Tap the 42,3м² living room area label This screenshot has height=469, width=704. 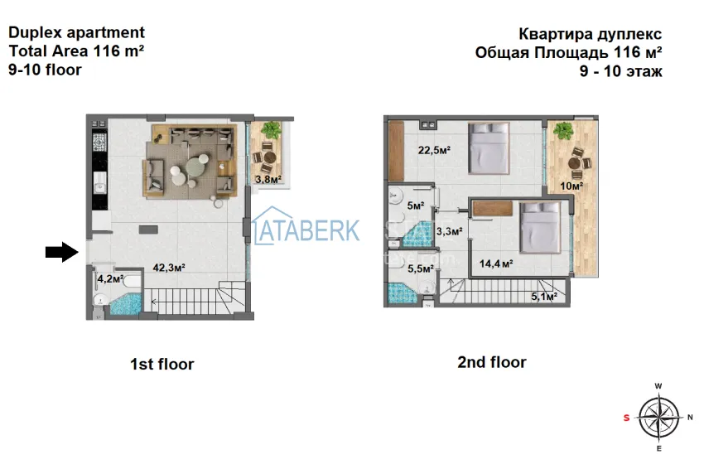pos(168,268)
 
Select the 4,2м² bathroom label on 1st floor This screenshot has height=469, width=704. pos(110,279)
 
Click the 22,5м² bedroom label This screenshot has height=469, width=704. pos(434,150)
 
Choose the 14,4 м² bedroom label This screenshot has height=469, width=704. pos(496,264)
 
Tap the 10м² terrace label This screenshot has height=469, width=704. pos(571,186)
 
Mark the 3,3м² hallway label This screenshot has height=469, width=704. pos(448,232)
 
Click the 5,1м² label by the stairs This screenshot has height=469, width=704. pos(542,295)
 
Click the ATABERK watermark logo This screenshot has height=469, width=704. pos(306,230)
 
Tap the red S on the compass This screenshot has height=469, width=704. pos(626,418)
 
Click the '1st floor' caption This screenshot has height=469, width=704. pos(162,364)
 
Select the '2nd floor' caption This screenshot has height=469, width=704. pos(491,362)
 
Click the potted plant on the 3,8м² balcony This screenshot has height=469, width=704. pos(269,130)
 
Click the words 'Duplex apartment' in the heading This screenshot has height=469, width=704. pos(76,32)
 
